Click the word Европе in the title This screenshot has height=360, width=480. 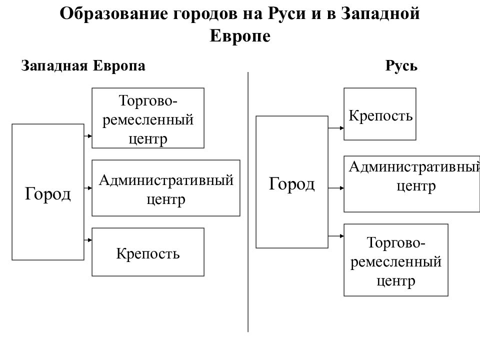(240, 36)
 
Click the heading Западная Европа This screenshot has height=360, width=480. (83, 66)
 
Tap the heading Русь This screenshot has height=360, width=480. (401, 65)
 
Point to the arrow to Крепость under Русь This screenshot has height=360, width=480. (336, 128)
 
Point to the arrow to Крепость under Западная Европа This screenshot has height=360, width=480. (88, 240)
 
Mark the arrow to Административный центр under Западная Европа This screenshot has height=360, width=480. (88, 188)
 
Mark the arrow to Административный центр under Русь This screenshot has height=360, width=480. (336, 188)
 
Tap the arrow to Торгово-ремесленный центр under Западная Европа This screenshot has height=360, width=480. (88, 136)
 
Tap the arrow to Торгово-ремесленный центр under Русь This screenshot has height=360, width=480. (336, 236)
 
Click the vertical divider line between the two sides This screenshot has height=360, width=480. (248, 202)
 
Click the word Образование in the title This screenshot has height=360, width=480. (113, 14)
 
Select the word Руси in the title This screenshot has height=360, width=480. (287, 14)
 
